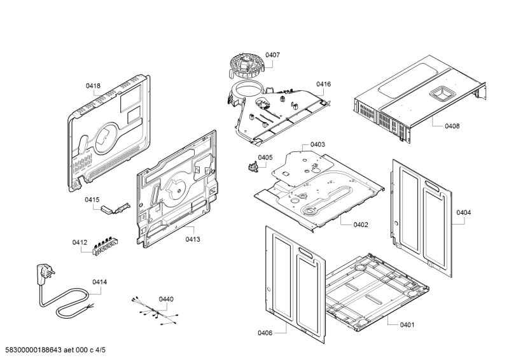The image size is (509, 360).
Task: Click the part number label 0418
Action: coord(93,86)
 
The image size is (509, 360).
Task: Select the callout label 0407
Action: coord(272,55)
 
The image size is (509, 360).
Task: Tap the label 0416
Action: coord(323,84)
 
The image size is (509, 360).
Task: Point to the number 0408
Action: coord(452,127)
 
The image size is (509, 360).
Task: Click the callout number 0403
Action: coord(317,144)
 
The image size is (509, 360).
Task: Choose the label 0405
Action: coord(265,157)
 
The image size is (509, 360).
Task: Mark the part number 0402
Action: coord(361,224)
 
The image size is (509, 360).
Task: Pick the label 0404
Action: coord(463,212)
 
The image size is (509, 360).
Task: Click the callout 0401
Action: coord(407,325)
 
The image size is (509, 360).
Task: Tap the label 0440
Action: coord(165,299)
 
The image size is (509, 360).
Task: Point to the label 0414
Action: coord(99,282)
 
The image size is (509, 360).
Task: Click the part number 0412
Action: coord(80,242)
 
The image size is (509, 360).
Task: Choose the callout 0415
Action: coord(92,200)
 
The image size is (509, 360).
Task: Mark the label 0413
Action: coord(193,239)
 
